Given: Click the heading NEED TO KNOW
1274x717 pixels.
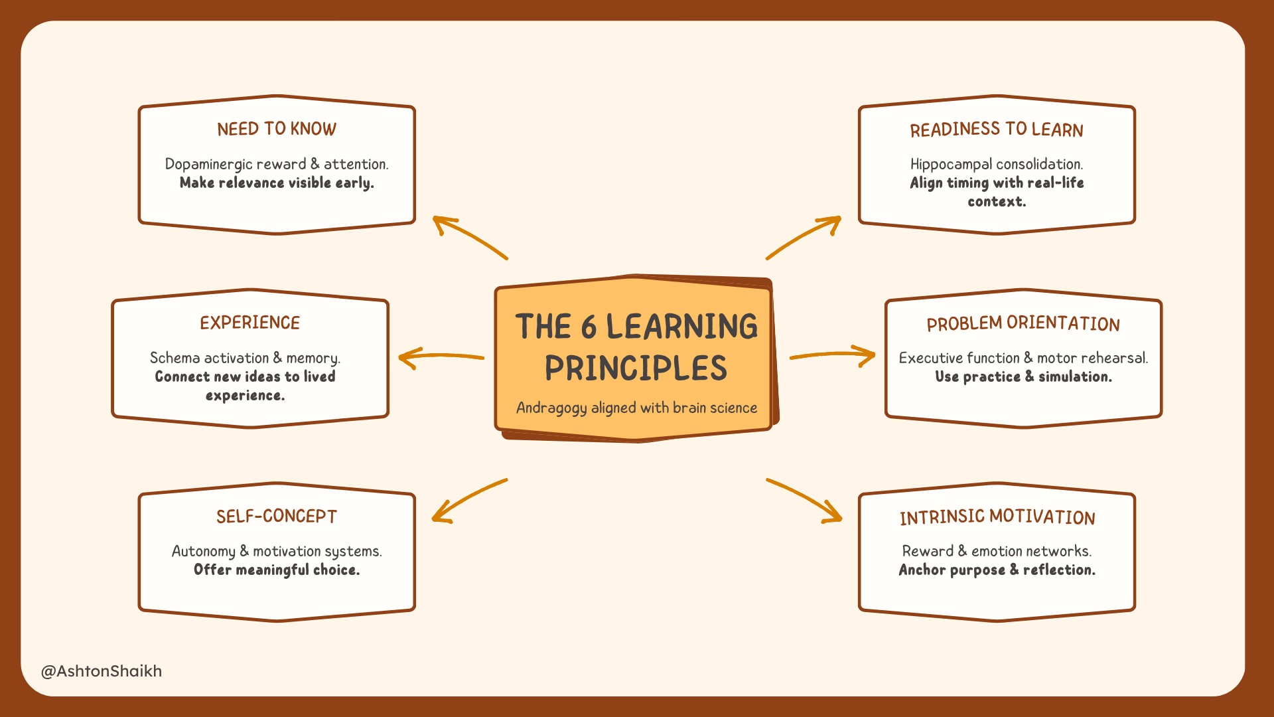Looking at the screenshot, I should coord(277,129).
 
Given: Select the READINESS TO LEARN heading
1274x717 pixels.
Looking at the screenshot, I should coord(996,129).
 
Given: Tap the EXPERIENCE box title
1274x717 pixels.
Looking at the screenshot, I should coord(249,323).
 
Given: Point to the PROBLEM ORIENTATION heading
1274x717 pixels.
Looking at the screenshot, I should coord(1023,323).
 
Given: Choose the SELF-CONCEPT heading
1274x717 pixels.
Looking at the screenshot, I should coord(277,517).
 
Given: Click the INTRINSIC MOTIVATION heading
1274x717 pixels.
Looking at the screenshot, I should coord(997,517).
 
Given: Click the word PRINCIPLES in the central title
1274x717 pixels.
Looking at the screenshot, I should coord(636,368).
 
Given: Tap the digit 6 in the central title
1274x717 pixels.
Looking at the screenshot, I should coord(589,327).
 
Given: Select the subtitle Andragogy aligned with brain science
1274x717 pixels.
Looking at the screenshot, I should coord(636,408).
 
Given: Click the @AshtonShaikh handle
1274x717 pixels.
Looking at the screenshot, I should coord(102,671).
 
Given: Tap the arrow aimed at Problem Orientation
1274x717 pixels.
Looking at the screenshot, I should coord(833,355).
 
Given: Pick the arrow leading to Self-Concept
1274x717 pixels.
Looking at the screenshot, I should coord(468,500).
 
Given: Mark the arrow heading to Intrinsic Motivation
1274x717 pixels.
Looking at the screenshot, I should coord(805,499).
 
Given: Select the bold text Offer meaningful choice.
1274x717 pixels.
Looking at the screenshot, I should coord(277,570).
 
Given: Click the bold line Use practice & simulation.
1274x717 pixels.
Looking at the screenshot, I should coord(1023,376).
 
